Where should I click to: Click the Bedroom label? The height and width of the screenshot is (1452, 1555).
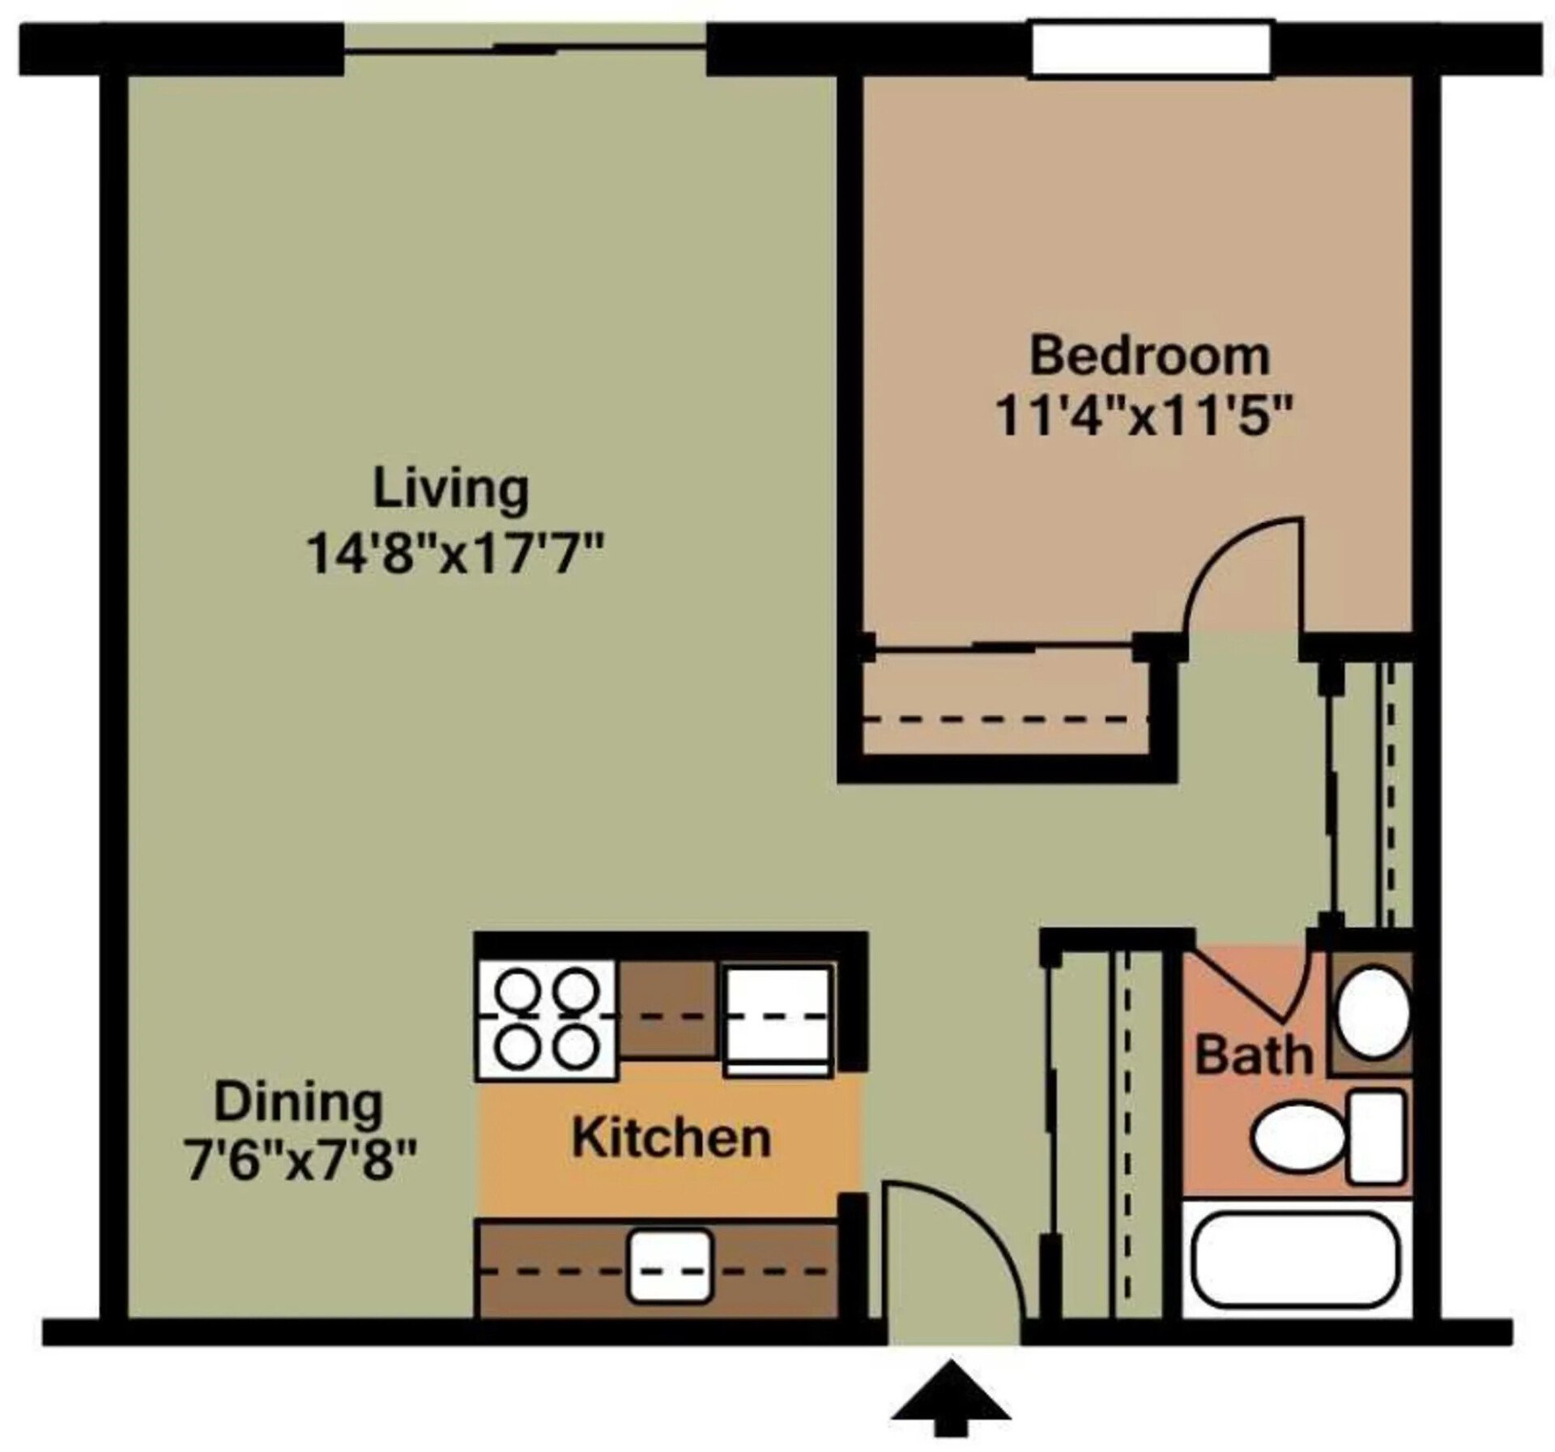[x=1149, y=357]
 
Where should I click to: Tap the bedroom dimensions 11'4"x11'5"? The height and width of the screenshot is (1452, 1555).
[x=1142, y=417]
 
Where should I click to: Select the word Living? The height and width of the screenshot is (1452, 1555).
[x=450, y=490]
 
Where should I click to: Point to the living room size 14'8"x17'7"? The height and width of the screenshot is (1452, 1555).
[x=456, y=556]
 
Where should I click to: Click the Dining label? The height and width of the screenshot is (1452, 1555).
[x=298, y=1103]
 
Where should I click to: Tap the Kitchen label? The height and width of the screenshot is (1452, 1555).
[x=671, y=1138]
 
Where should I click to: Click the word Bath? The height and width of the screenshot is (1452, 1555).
[x=1253, y=1056]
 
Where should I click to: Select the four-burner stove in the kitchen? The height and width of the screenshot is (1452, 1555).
[x=547, y=1020]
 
